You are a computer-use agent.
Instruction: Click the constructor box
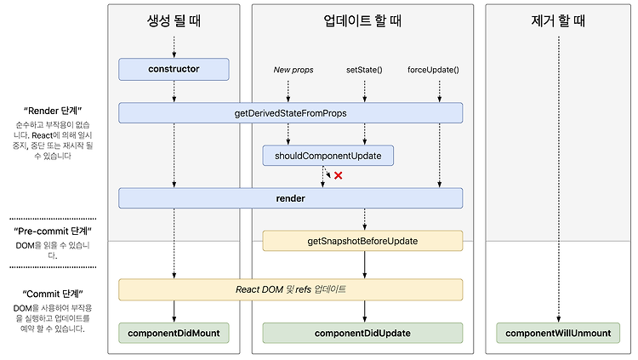pos(174,69)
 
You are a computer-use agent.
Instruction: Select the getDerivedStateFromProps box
pos(291,113)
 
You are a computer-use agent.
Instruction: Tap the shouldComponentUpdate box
pos(328,156)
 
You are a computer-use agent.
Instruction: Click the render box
pos(291,198)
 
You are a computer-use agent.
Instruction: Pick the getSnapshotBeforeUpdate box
pos(362,241)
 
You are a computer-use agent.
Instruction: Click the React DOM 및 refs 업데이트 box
pos(291,289)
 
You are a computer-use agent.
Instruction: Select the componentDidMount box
pos(174,333)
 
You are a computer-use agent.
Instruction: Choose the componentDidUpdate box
pos(362,333)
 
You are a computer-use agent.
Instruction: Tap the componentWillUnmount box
pos(558,333)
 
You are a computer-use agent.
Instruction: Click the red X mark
pos(338,175)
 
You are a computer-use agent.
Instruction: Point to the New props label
pos(293,70)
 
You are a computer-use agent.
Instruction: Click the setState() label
pos(364,70)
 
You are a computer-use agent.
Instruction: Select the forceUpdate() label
pos(433,70)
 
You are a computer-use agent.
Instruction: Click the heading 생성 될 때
pos(174,20)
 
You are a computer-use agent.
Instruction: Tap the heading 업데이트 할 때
pos(362,20)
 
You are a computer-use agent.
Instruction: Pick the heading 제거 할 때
pos(558,20)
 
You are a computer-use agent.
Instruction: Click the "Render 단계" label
pos(53,111)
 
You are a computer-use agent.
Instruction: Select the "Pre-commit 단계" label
pos(53,231)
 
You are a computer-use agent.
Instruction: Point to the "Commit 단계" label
pos(53,294)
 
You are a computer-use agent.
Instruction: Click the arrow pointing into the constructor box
pos(174,48)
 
